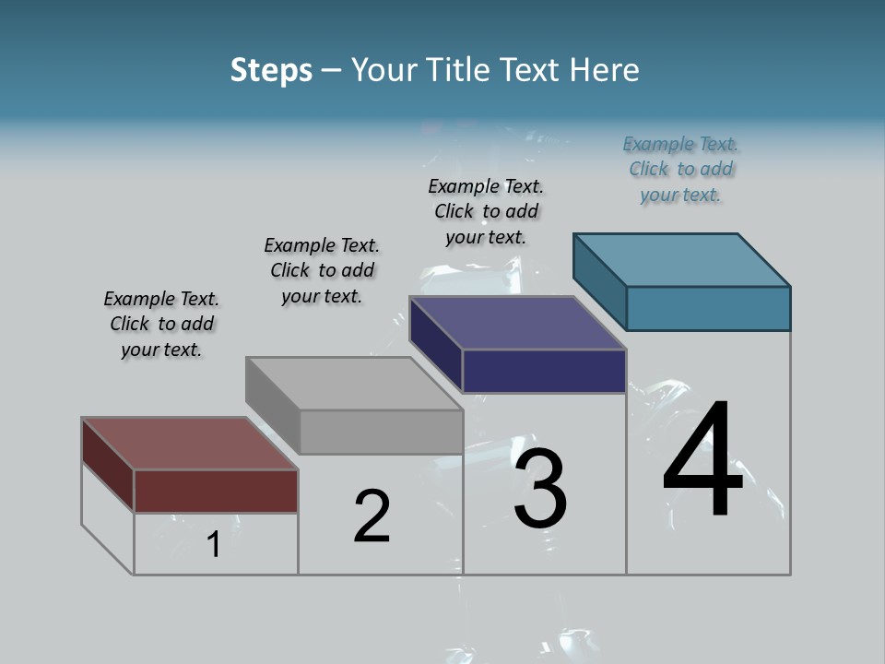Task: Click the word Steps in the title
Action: [271, 70]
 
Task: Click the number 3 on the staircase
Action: [539, 489]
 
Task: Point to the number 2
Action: [372, 516]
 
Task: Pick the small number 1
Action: [214, 545]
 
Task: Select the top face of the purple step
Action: [517, 323]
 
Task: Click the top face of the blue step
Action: [681, 260]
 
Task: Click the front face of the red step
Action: [216, 491]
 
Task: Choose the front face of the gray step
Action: [381, 432]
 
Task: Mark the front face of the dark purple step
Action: [544, 371]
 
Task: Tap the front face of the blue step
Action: [708, 308]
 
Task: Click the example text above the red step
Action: [161, 324]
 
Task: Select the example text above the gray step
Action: [322, 270]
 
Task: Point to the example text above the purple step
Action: [486, 211]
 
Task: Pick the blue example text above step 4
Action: [680, 169]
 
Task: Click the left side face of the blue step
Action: [599, 280]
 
